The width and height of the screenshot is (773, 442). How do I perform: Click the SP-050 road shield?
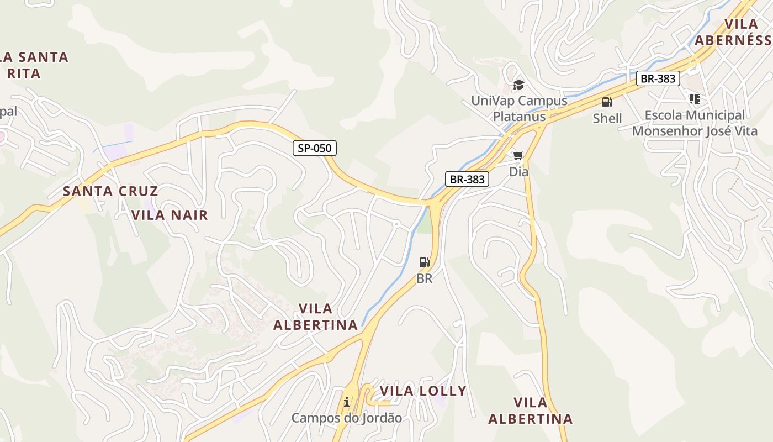tap(314, 148)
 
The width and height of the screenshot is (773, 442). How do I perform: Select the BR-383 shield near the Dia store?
tap(467, 179)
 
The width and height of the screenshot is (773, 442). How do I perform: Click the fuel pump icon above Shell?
tap(607, 102)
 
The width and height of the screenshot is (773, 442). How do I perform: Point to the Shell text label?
tap(607, 118)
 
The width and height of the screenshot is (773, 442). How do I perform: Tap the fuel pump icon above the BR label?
tap(424, 262)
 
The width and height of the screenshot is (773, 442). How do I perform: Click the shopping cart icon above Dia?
tap(518, 155)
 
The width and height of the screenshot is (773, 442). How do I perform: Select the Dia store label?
tap(518, 172)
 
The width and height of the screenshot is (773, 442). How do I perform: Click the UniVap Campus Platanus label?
tap(519, 108)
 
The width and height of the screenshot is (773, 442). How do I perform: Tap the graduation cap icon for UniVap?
tap(518, 85)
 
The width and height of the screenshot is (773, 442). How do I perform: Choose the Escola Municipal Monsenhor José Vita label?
tap(695, 123)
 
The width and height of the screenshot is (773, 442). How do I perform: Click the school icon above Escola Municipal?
tap(694, 99)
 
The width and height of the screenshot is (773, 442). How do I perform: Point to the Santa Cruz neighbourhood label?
tap(110, 192)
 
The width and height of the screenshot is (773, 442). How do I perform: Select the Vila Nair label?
tap(170, 215)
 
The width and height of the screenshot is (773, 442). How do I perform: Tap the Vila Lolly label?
tap(423, 391)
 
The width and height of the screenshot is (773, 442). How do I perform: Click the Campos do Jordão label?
tap(347, 418)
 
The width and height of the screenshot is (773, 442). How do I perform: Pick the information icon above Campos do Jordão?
tap(347, 402)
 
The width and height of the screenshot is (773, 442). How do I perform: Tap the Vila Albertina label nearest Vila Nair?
tap(315, 317)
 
